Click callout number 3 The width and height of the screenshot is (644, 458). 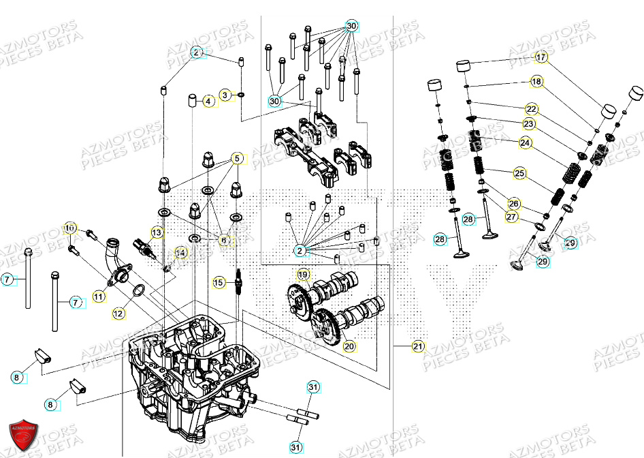point(225,94)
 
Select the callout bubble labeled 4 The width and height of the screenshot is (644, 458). point(208,101)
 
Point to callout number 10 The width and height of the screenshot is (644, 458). point(69,227)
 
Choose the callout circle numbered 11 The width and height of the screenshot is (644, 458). point(99,296)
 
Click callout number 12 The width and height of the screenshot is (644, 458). point(118,314)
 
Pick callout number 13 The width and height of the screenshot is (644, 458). point(157,233)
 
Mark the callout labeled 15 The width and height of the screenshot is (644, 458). point(218,282)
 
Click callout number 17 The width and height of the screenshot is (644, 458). point(541,57)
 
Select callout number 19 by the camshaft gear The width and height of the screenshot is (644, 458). point(304,275)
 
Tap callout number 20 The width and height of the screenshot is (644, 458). point(349,346)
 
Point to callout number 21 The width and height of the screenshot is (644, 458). point(417,346)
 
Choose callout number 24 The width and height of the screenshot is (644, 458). point(525,142)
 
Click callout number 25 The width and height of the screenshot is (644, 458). point(519,174)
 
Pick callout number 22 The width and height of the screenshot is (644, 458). point(531,109)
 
